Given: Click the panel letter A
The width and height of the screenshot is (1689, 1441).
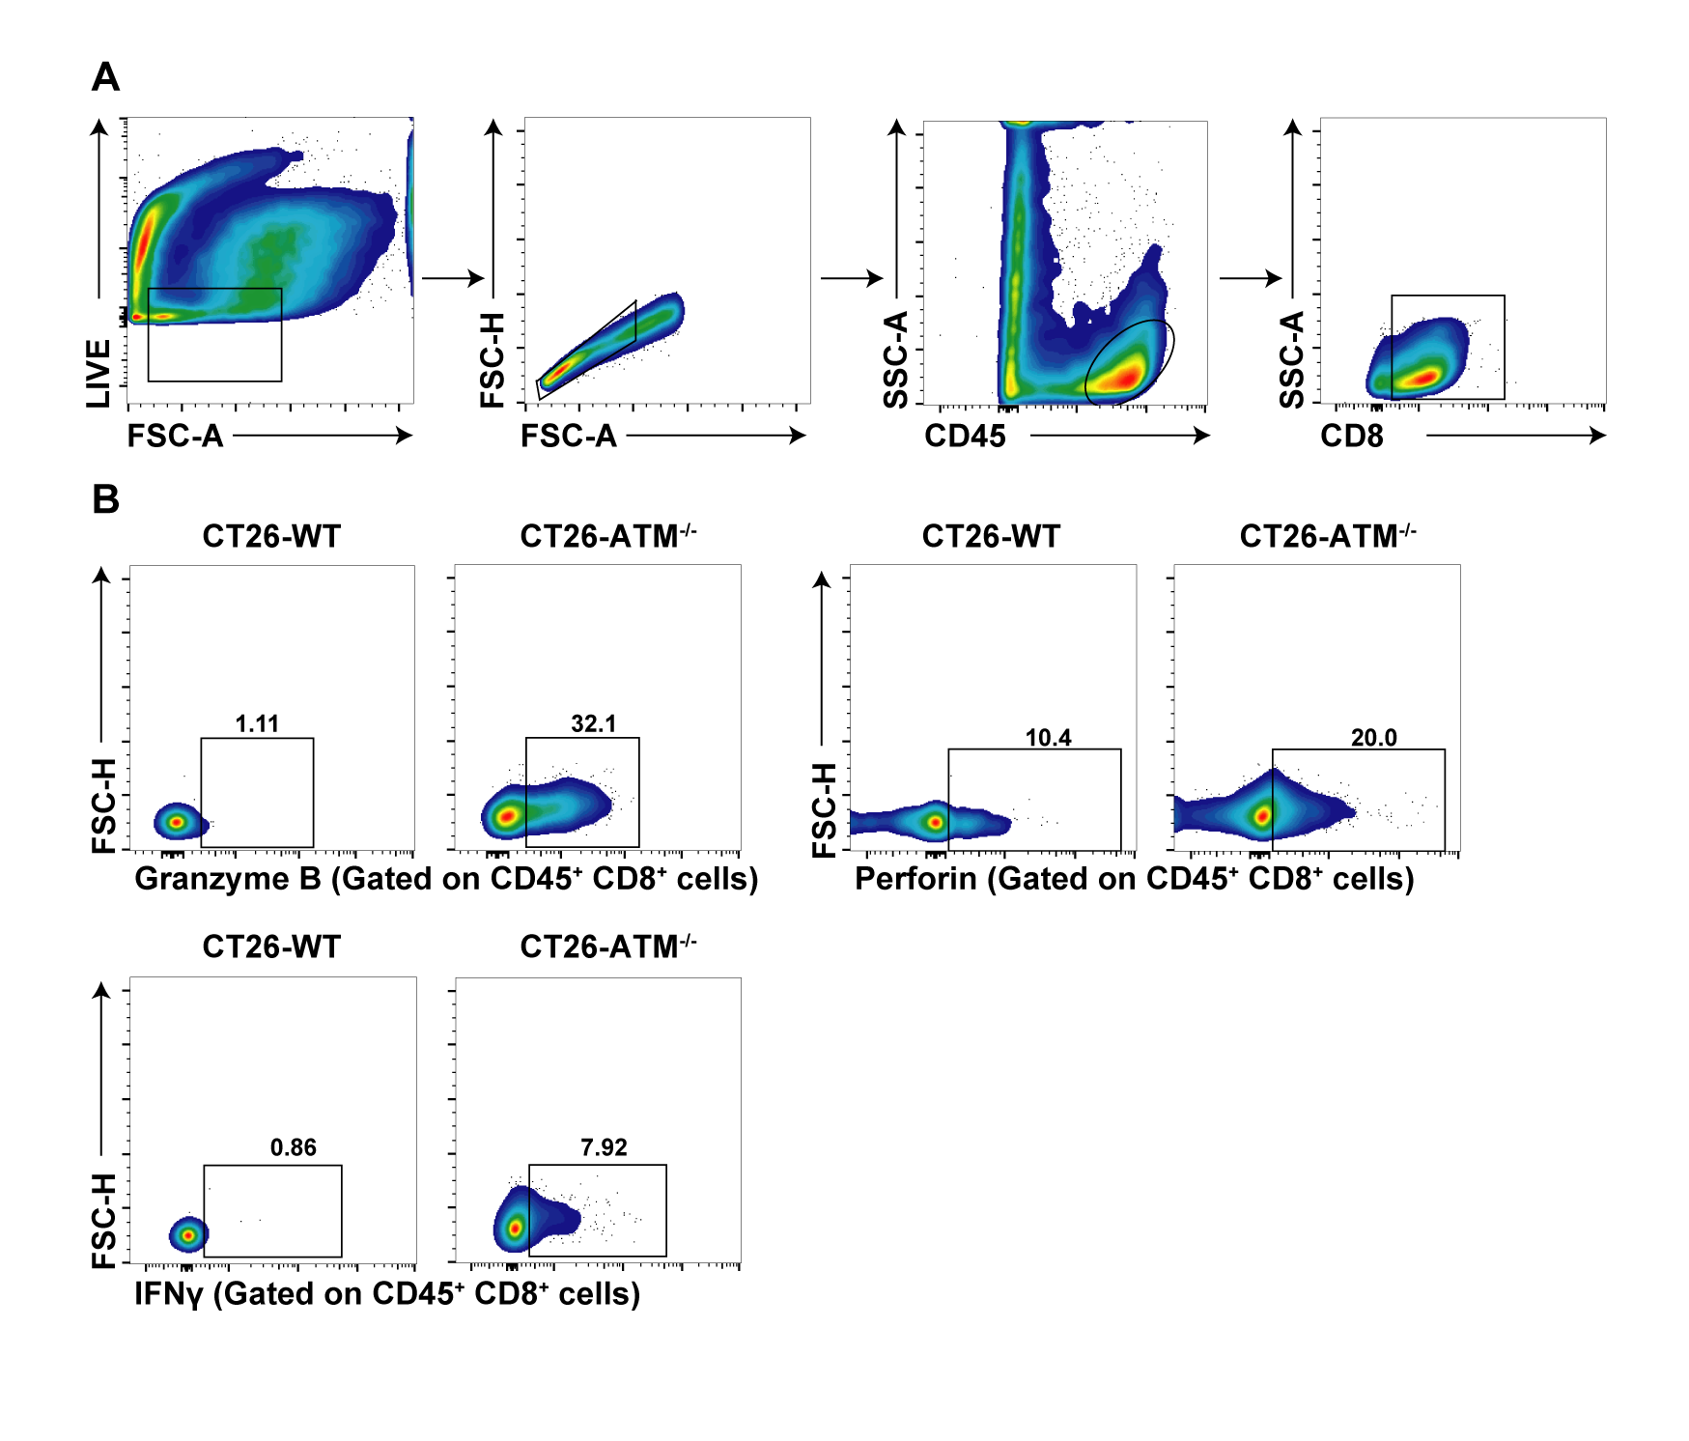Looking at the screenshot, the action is coord(105,76).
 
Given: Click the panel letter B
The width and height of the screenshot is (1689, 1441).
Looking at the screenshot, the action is coord(105,499).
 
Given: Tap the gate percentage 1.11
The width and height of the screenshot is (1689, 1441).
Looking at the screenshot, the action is coord(257,723).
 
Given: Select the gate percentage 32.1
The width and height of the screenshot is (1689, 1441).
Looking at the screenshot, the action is coord(593,723).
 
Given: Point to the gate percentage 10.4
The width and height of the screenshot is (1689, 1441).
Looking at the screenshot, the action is coord(1048,738).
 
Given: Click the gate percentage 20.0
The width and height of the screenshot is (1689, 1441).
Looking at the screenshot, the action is coord(1373,738).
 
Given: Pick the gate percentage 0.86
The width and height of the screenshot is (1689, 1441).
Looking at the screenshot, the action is coord(293,1147).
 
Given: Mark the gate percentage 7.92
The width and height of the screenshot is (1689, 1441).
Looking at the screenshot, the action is coord(604,1147).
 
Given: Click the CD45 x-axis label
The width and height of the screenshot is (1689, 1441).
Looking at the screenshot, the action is coord(965,437).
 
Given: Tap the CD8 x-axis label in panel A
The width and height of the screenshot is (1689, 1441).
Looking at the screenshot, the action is coord(1351,437).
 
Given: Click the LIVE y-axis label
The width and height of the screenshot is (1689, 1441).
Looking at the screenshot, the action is coord(99,373).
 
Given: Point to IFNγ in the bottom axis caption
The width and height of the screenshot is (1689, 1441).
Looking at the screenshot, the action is coord(169,1294).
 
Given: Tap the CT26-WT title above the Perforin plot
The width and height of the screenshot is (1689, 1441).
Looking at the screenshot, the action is coord(991,536).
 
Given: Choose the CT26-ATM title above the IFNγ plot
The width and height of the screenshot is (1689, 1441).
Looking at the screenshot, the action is coord(607,947).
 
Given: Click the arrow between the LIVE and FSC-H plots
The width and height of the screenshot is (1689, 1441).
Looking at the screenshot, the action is coord(453,278).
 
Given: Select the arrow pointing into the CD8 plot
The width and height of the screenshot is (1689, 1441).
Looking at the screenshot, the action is coord(1251,278).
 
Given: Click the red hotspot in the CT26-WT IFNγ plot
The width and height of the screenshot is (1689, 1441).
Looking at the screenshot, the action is coord(189,1234).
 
